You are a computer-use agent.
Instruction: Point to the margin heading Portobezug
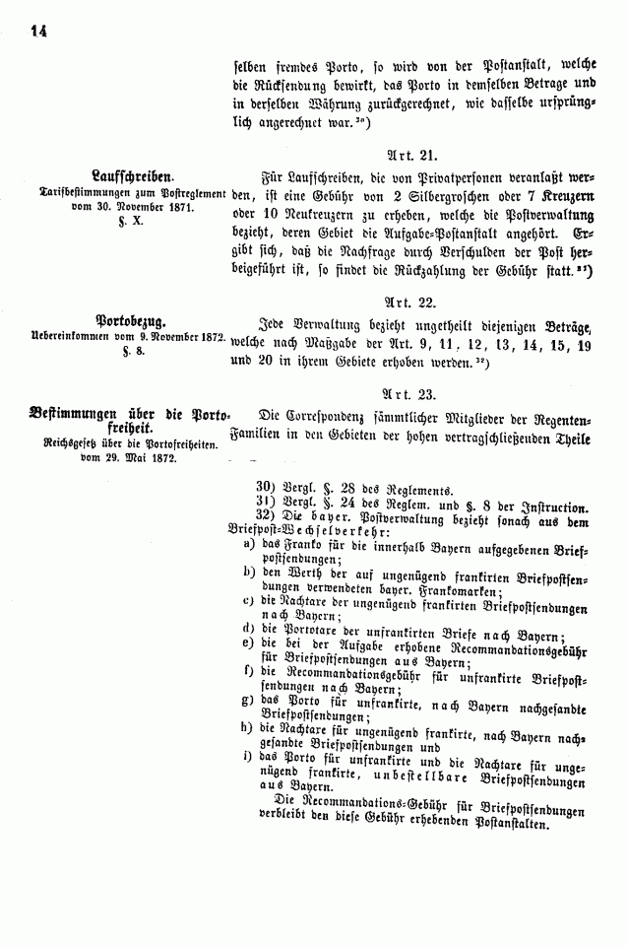pyautogui.click(x=130, y=320)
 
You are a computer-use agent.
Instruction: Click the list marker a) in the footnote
pyautogui.click(x=250, y=544)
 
